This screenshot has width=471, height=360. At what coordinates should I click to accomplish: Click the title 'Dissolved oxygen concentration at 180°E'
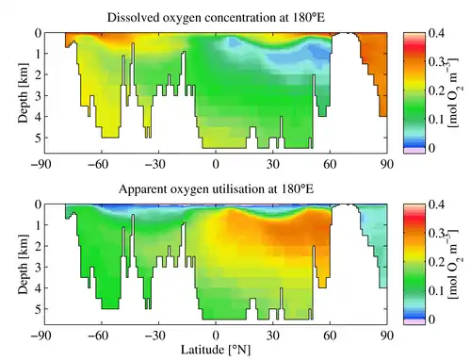(216, 18)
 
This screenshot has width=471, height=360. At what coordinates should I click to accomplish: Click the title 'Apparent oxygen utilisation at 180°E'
(216, 189)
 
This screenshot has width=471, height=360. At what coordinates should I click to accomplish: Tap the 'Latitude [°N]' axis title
(216, 350)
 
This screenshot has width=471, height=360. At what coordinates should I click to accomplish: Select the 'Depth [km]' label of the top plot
(23, 93)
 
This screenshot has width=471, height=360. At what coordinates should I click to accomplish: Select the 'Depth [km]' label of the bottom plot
(23, 265)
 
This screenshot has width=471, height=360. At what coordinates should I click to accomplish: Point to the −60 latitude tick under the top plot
(98, 164)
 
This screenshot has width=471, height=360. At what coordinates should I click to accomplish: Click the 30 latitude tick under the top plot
(272, 164)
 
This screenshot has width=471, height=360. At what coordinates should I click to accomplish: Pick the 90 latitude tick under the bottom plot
(387, 335)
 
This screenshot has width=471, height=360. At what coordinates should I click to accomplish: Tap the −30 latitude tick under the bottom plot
(155, 335)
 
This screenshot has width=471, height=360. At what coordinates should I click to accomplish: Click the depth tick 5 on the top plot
(38, 138)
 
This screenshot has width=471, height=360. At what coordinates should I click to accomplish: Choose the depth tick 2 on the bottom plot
(38, 246)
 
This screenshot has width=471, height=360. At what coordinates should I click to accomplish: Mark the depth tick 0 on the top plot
(38, 33)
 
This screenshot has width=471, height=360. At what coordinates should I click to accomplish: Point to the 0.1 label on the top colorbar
(436, 119)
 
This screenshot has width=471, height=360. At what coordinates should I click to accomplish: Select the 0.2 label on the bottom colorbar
(436, 262)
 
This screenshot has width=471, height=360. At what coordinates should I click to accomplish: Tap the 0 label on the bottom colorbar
(431, 319)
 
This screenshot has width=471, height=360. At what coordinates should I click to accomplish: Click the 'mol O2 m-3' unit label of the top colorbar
(452, 92)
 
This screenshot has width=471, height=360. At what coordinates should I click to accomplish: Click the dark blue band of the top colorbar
(414, 144)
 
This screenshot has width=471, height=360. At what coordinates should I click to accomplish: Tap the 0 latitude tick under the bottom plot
(216, 335)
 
